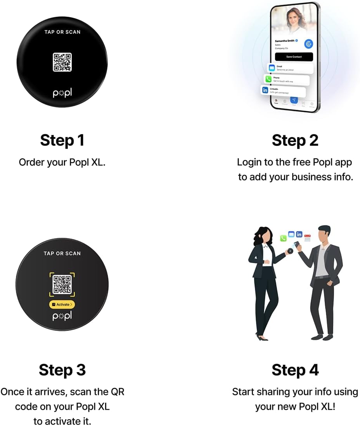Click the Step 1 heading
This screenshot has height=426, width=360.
tap(62, 140)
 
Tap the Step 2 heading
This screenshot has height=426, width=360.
tap(295, 140)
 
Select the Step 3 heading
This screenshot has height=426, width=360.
tap(62, 370)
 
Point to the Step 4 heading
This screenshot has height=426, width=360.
tap(295, 370)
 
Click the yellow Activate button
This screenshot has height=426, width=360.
tap(62, 305)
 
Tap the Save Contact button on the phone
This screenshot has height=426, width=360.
tap(294, 57)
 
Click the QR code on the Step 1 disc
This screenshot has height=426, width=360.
tap(62, 62)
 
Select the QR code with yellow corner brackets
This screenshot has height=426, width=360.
tap(62, 284)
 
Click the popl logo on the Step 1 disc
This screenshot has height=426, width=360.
tap(62, 93)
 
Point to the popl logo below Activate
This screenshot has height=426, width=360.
tap(62, 316)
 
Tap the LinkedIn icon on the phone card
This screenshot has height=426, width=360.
tap(265, 90)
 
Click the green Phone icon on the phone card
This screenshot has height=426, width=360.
tap(268, 79)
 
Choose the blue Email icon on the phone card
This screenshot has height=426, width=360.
tap(272, 68)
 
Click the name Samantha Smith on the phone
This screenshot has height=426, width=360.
tap(285, 41)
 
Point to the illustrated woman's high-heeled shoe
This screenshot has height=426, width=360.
tap(262, 337)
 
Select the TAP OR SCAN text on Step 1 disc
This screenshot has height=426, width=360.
tap(62, 32)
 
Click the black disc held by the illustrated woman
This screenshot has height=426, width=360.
tap(289, 251)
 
